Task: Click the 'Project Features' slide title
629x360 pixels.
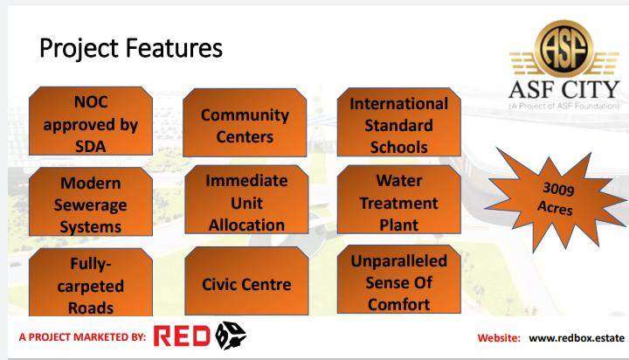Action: click(131, 49)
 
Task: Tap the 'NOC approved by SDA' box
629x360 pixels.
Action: click(91, 121)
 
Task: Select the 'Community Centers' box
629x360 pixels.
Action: click(245, 122)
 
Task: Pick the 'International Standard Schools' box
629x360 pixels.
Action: click(398, 122)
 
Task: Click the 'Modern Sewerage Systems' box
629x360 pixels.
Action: click(91, 202)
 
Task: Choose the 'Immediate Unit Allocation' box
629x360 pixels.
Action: click(246, 199)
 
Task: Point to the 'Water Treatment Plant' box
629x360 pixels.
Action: click(398, 199)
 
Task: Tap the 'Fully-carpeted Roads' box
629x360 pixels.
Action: click(91, 282)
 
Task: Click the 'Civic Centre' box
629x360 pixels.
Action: click(246, 281)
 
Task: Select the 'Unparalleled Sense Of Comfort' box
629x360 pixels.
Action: click(398, 280)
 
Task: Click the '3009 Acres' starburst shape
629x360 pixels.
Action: click(556, 199)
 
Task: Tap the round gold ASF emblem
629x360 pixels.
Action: click(563, 49)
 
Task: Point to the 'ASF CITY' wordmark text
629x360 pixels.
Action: click(564, 89)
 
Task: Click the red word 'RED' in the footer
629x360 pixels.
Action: click(182, 336)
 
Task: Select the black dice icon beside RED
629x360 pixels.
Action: click(231, 336)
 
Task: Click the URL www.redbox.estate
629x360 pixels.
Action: click(577, 338)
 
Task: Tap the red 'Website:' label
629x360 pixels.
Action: click(499, 338)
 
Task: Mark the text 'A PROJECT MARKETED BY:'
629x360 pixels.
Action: click(82, 336)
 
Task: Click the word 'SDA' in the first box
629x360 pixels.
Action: click(91, 147)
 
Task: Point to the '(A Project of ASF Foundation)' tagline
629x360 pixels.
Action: click(564, 106)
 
